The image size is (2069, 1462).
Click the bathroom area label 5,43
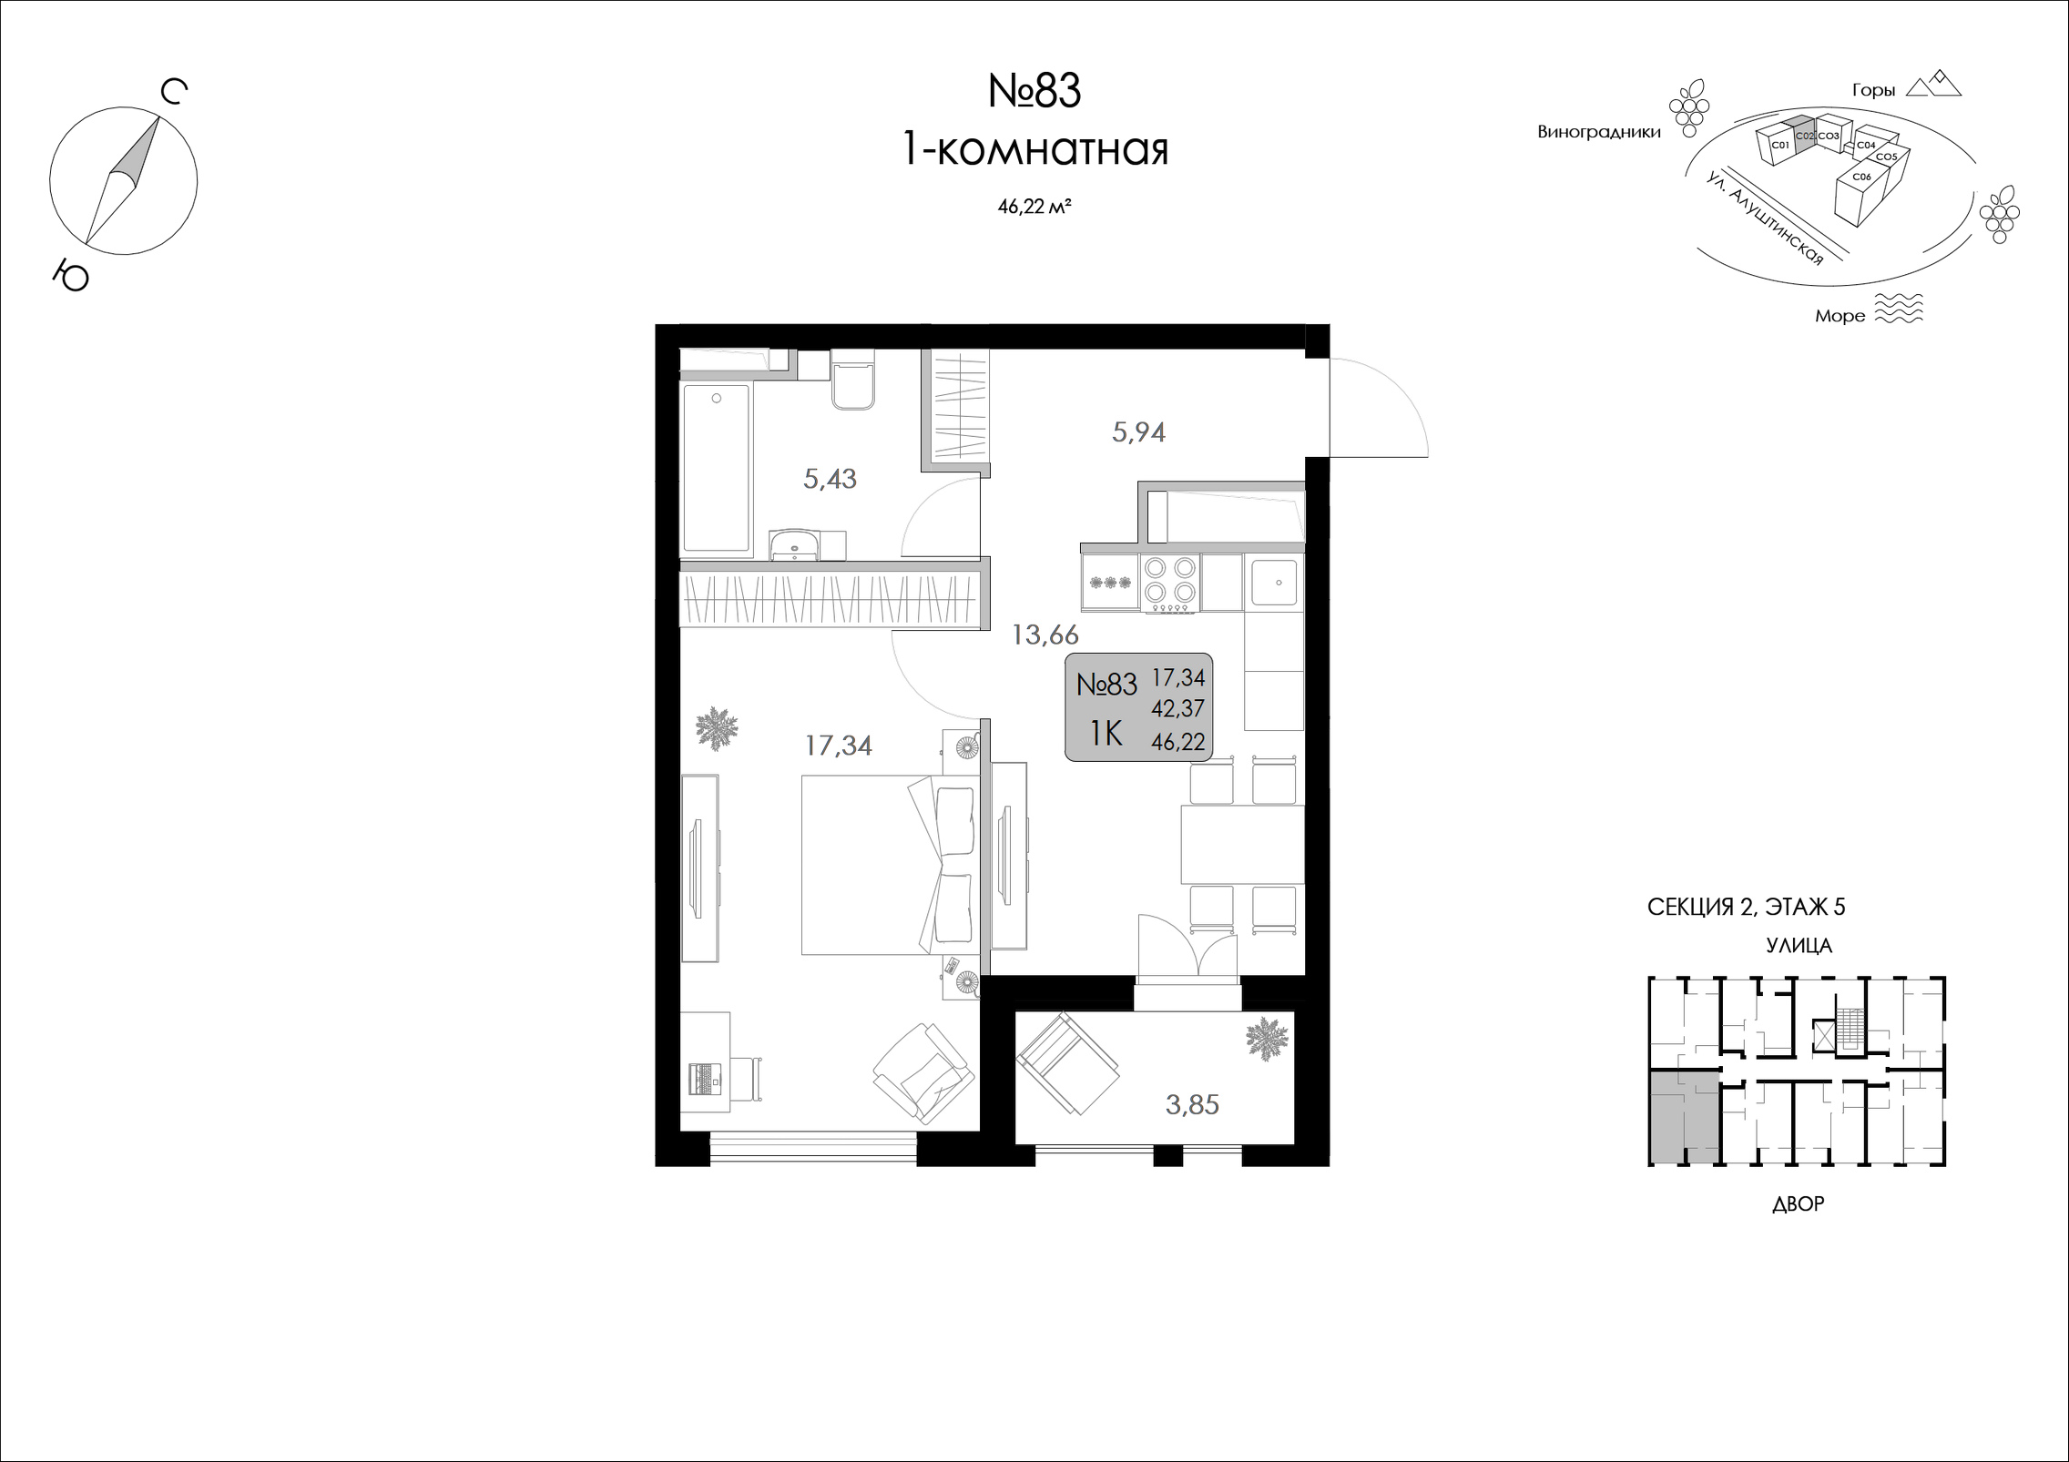point(830,479)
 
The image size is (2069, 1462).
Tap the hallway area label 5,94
point(1138,431)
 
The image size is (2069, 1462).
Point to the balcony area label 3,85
point(1192,1104)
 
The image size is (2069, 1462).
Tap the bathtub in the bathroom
point(717,468)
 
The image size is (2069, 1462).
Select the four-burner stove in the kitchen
point(1169,583)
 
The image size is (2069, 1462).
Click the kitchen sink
point(1274,583)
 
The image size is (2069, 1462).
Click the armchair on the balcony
point(1068,1062)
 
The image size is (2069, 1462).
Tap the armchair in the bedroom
point(923,1073)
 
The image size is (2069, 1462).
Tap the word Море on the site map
point(1840,316)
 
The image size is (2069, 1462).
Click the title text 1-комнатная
point(1034,150)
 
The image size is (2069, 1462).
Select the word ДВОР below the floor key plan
point(1799,1204)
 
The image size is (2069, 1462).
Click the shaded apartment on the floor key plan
point(1684,1118)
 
